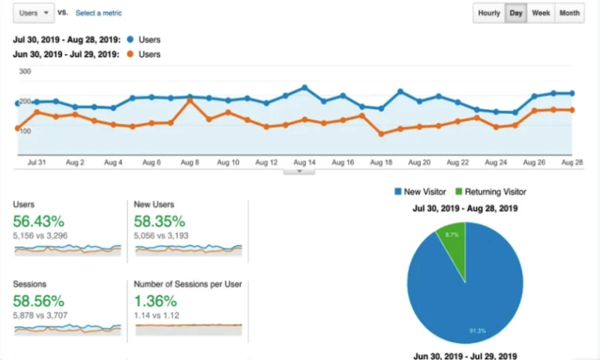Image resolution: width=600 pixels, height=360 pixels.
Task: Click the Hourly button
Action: click(x=489, y=13)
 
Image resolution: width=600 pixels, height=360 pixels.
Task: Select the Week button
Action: click(x=540, y=13)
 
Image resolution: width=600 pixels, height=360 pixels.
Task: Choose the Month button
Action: click(x=569, y=13)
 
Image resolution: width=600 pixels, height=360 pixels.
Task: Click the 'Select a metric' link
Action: click(x=98, y=13)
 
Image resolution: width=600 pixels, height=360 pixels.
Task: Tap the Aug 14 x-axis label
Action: click(x=304, y=162)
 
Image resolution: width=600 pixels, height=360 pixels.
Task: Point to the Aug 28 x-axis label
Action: click(x=571, y=162)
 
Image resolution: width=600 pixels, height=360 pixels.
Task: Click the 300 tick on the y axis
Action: click(x=25, y=71)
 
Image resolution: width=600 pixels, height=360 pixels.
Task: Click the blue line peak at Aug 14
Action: click(x=304, y=88)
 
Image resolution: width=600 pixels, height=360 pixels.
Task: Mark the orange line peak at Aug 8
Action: click(x=190, y=100)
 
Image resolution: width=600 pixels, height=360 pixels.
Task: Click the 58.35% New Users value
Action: click(x=159, y=220)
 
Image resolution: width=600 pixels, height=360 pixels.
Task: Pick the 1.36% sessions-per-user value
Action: click(x=155, y=301)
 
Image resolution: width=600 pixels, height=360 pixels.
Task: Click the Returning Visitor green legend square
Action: click(x=458, y=192)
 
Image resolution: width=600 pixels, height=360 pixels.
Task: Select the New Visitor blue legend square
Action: click(x=397, y=192)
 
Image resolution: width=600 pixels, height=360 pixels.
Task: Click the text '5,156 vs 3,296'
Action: click(x=43, y=235)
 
